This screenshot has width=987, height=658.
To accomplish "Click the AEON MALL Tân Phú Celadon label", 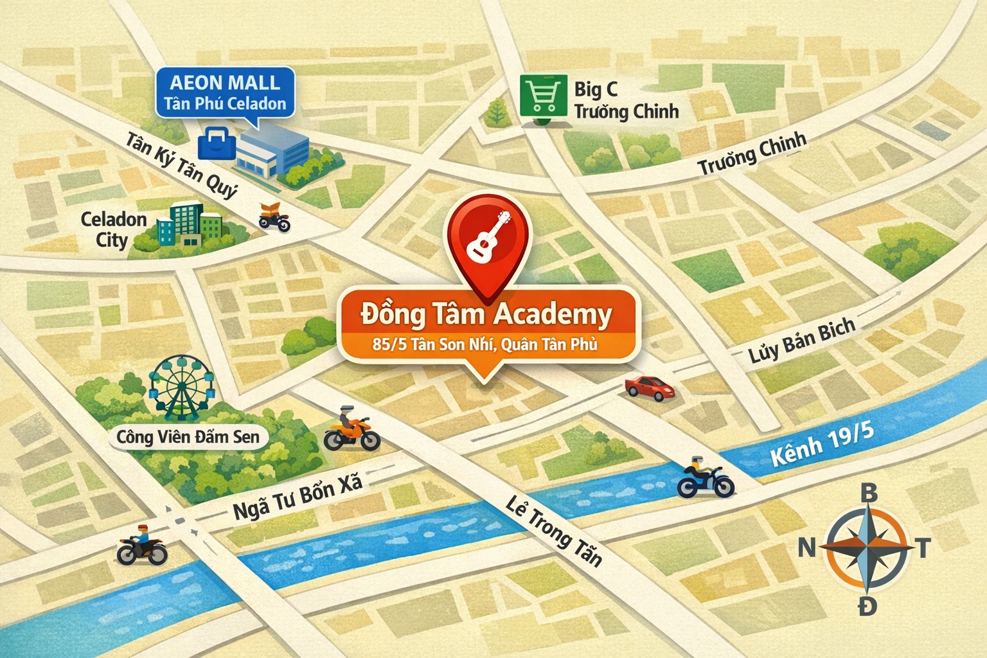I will click(225, 93).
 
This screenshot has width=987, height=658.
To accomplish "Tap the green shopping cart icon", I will click(543, 96).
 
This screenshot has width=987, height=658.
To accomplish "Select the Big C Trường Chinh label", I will click(625, 100).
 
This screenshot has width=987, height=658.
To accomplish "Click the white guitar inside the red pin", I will click(488, 236).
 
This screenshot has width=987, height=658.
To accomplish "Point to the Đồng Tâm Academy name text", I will click(486, 314).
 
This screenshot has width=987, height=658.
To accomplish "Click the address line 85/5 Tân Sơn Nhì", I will click(485, 344).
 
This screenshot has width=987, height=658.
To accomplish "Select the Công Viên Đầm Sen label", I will click(188, 437).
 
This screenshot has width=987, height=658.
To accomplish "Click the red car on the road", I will click(650, 387).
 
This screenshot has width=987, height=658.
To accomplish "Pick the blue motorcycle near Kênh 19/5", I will click(705, 478).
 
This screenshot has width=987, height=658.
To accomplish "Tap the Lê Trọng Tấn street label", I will click(553, 532).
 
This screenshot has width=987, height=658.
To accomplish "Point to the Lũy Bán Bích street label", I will click(801, 341).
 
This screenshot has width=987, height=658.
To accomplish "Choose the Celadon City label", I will click(113, 229).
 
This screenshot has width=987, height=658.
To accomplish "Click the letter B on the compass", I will click(868, 493).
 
